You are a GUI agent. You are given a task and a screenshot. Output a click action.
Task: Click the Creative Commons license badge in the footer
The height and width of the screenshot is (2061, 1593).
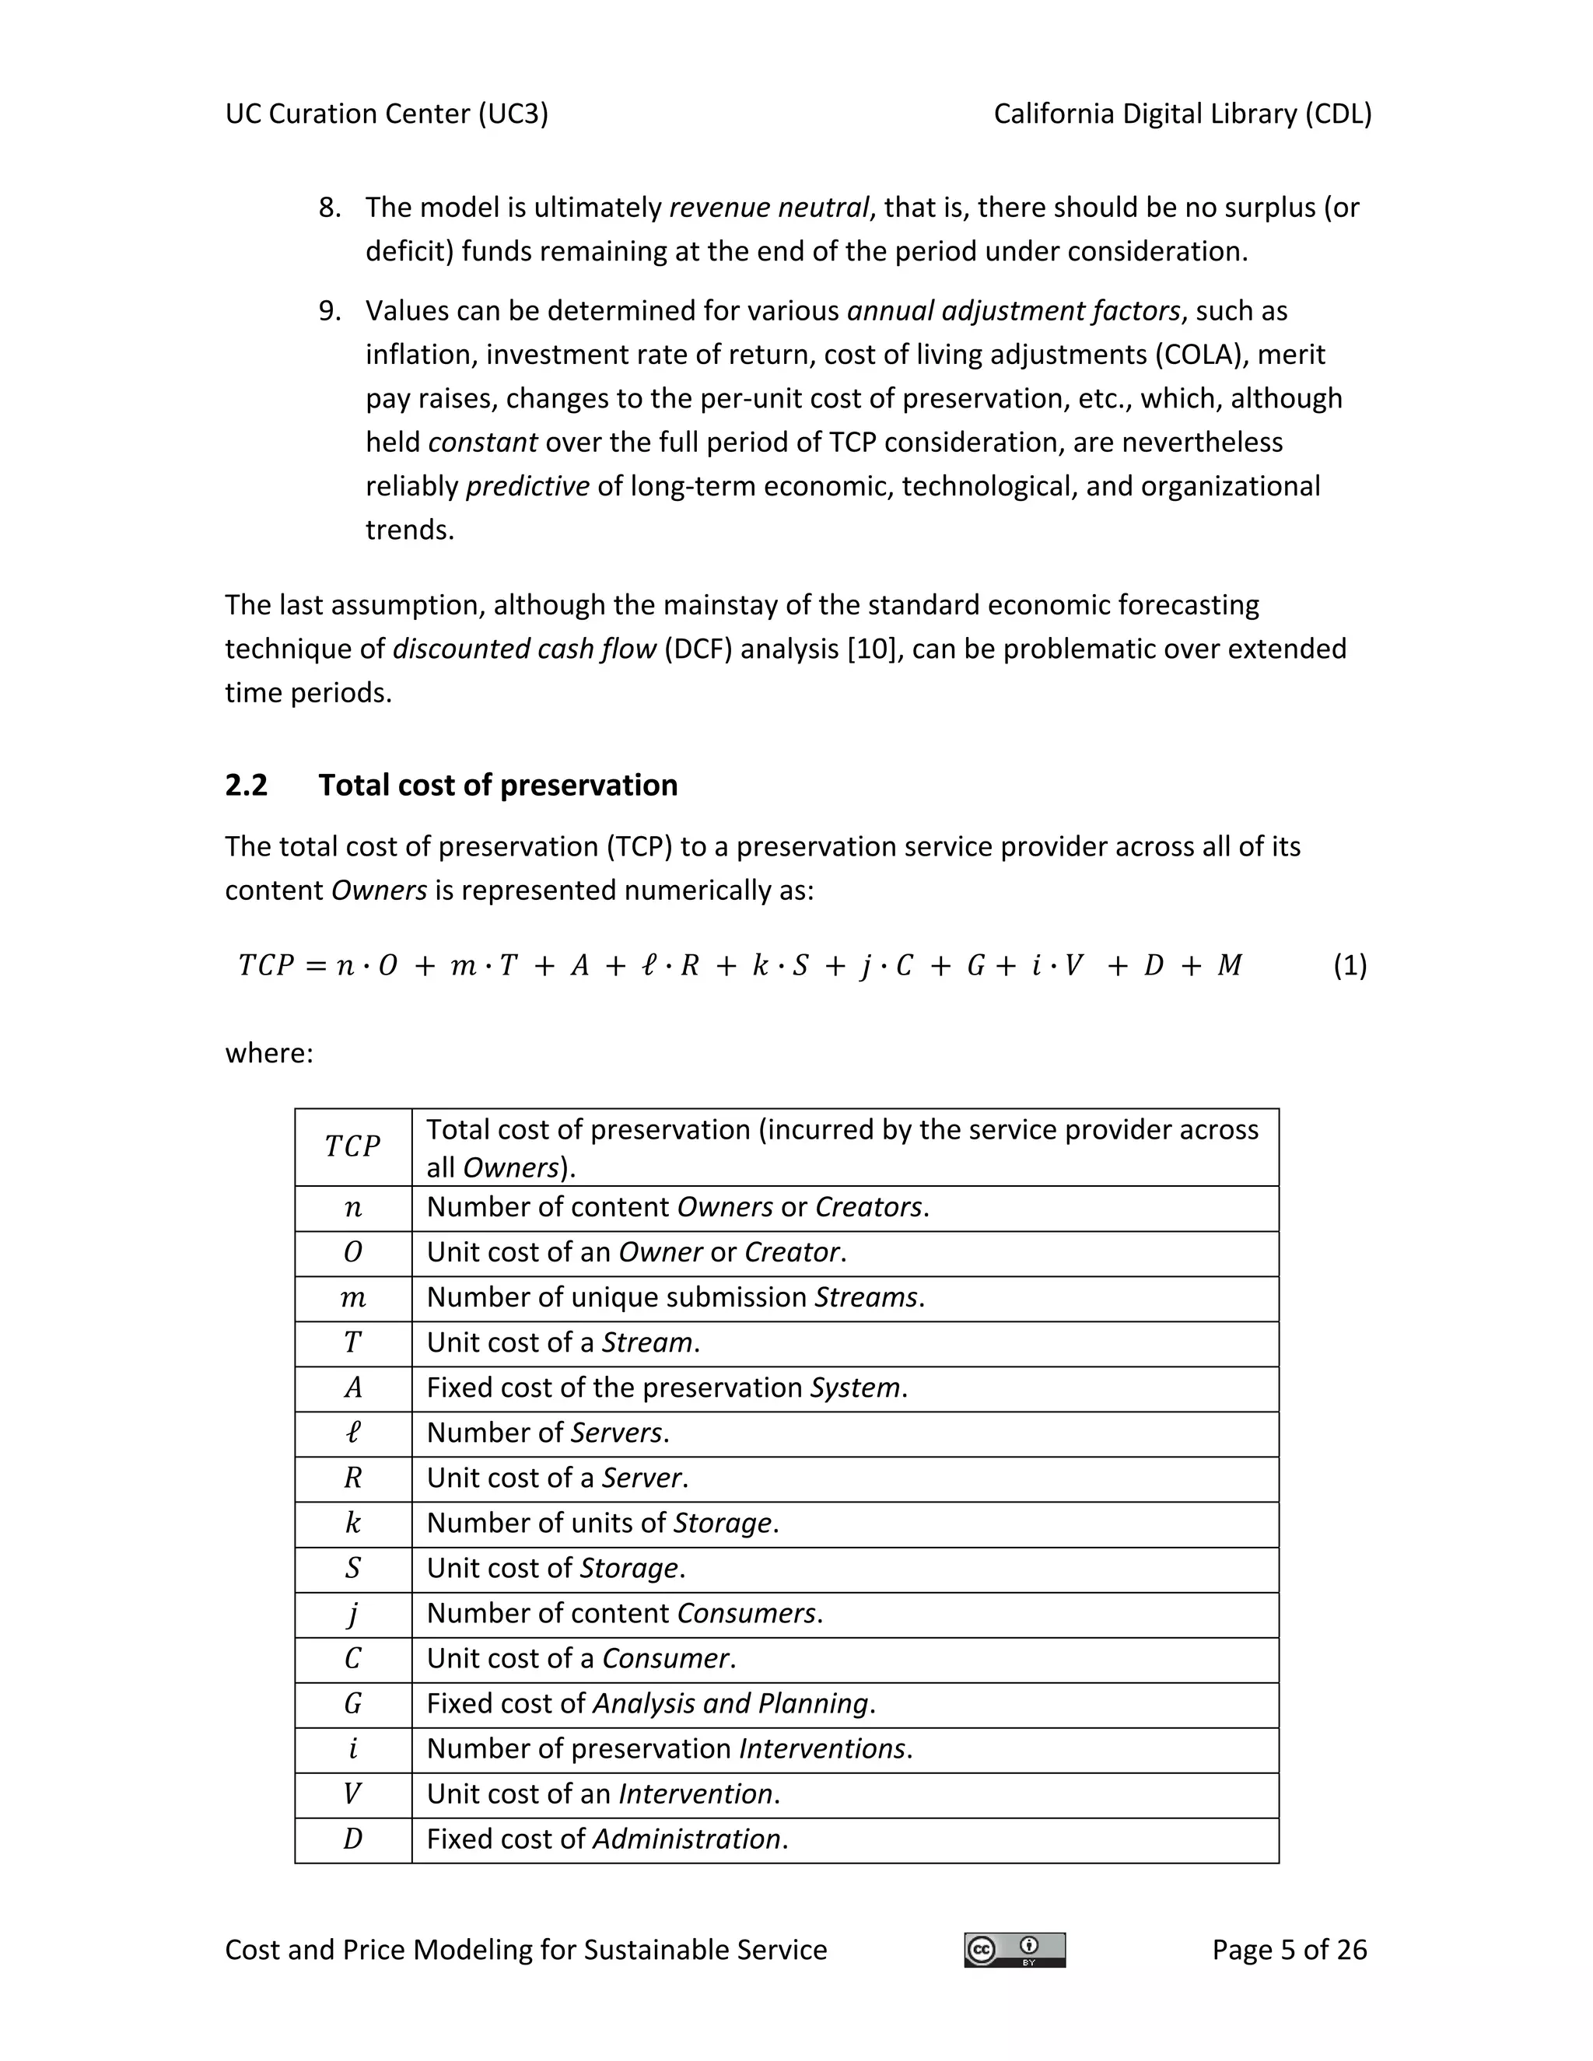1014,1950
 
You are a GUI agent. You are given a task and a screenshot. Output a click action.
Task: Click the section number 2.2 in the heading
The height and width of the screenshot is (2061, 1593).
247,786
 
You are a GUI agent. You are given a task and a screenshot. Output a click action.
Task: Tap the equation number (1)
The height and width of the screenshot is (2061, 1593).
1350,964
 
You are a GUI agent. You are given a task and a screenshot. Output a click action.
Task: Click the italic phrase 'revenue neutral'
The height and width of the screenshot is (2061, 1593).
768,208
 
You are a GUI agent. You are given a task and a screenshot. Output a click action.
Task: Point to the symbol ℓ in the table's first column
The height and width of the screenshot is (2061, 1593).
353,1433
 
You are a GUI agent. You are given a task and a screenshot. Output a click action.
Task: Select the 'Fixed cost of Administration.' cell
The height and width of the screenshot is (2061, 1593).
607,1839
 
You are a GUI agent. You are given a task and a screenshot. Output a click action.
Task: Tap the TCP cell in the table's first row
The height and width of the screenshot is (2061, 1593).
353,1146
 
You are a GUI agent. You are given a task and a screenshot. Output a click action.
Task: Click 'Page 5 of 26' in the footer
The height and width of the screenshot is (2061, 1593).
1289,1950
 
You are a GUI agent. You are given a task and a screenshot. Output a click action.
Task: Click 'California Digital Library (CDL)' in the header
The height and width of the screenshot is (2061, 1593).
1182,114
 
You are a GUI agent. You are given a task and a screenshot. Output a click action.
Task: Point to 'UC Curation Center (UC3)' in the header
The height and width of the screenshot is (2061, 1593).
387,114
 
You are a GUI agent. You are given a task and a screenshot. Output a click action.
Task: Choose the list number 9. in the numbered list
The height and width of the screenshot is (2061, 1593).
329,311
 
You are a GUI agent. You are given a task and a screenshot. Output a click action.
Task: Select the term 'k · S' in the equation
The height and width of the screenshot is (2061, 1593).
779,965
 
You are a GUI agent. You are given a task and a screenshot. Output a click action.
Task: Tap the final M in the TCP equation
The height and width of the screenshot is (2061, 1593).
1230,965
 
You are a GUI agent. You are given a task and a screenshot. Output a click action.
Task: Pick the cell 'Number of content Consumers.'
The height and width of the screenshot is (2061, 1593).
625,1613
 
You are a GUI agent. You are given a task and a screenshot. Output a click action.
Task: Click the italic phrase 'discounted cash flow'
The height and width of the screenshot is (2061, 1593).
523,649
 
